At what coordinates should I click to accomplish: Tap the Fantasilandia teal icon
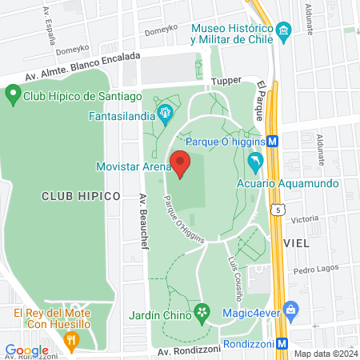[166, 112]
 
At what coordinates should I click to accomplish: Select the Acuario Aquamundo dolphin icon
[255, 163]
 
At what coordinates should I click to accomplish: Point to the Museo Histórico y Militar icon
[283, 33]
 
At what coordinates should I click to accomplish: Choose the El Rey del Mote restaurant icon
[71, 341]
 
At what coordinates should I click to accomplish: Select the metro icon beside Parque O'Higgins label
[274, 140]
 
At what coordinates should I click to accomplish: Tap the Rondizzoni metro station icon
[282, 344]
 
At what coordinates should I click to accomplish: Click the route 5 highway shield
[278, 210]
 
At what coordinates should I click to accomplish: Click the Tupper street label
[226, 82]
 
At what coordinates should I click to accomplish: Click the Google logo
[26, 350]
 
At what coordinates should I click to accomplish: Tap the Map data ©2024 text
[325, 354]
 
